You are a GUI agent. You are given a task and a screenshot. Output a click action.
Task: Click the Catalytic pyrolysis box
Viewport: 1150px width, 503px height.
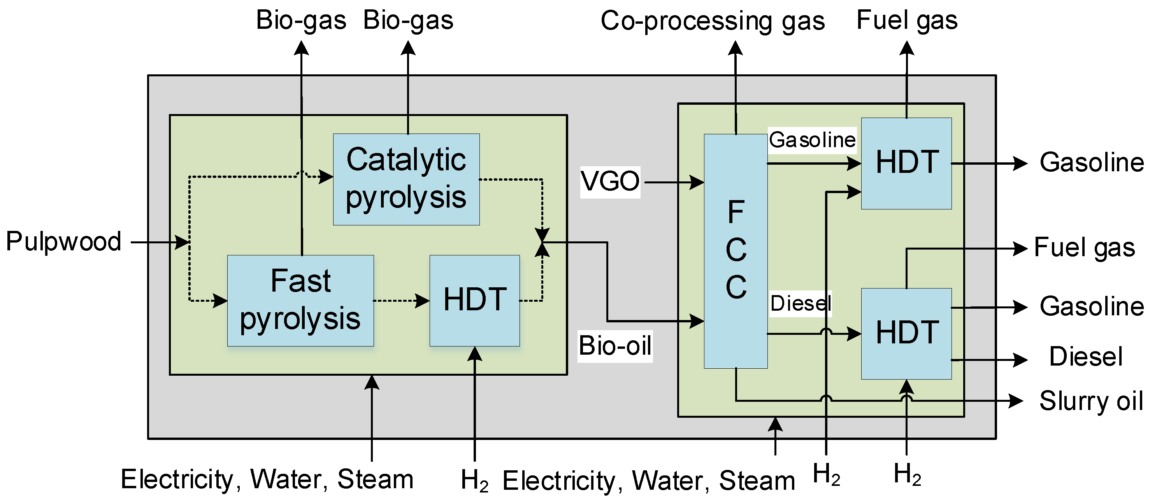tap(406, 179)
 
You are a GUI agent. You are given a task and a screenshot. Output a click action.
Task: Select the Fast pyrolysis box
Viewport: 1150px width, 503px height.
tap(300, 301)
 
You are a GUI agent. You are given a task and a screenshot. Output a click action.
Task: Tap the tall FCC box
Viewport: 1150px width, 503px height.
tap(736, 251)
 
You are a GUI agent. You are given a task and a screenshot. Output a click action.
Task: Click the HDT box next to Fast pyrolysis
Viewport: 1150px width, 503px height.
tap(474, 301)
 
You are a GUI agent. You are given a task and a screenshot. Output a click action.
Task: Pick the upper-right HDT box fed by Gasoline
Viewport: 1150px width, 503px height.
tap(906, 164)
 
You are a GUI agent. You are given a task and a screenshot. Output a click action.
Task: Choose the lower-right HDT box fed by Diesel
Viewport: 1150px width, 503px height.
tap(906, 334)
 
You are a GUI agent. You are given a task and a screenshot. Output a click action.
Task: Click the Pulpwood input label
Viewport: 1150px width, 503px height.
tap(63, 242)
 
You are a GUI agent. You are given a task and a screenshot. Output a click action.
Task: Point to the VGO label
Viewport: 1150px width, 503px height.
tap(610, 182)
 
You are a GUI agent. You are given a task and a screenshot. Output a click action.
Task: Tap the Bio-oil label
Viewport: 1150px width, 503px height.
tap(615, 346)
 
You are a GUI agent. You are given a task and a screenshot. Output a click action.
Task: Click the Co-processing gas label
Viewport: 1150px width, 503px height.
tap(713, 21)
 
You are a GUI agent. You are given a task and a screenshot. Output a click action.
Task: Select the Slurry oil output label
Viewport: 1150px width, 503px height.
tap(1090, 401)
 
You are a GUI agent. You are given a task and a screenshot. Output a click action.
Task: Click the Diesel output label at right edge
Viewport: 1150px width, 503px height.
tap(1085, 357)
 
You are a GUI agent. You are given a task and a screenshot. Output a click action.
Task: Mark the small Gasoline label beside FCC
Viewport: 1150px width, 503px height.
tap(812, 140)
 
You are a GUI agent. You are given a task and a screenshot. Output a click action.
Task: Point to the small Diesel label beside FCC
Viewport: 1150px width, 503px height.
tap(801, 304)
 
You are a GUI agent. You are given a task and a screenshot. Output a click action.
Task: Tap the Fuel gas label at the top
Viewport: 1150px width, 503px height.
tap(907, 21)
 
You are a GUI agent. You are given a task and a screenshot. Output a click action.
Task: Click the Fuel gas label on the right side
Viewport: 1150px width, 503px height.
tap(1084, 248)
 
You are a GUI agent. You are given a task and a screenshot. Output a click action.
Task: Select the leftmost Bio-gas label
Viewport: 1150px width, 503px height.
tap(301, 21)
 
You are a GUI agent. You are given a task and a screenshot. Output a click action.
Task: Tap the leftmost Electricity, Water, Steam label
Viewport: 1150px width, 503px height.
tap(267, 480)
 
